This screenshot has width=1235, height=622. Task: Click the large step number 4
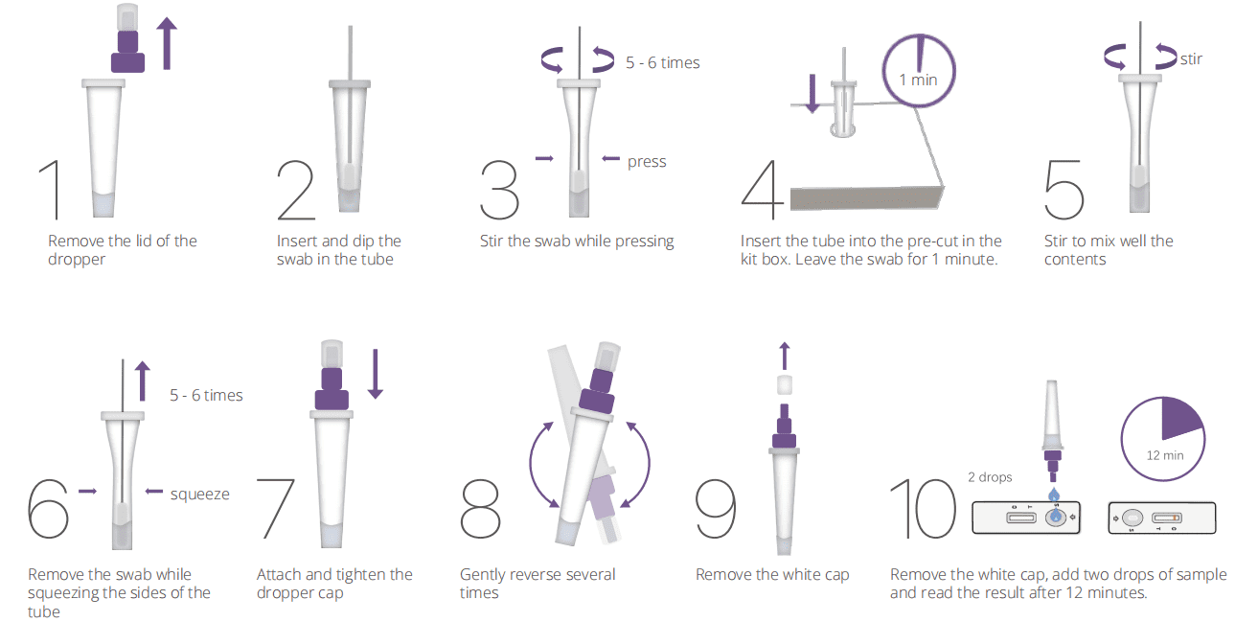pyautogui.click(x=763, y=190)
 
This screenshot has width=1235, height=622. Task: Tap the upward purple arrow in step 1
pyautogui.click(x=167, y=43)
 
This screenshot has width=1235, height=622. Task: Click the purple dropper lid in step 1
pyautogui.click(x=128, y=52)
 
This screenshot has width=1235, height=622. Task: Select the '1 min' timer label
pyautogui.click(x=919, y=80)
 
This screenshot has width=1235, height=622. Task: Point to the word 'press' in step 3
pyautogui.click(x=647, y=162)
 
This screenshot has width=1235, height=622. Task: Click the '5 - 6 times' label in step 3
pyautogui.click(x=663, y=63)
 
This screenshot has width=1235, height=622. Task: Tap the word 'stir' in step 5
pyautogui.click(x=1191, y=59)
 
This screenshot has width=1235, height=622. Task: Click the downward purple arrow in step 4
pyautogui.click(x=812, y=94)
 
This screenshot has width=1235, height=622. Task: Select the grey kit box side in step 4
pyautogui.click(x=867, y=198)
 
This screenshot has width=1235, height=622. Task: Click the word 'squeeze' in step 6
pyautogui.click(x=199, y=495)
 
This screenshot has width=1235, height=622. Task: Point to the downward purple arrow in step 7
pyautogui.click(x=376, y=374)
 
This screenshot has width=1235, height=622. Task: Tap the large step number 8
pyautogui.click(x=480, y=508)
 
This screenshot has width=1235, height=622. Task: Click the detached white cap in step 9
pyautogui.click(x=785, y=384)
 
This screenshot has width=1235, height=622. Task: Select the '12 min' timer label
pyautogui.click(x=1165, y=455)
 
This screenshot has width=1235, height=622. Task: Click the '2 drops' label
pyautogui.click(x=990, y=477)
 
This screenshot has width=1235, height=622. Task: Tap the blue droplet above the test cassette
pyautogui.click(x=1054, y=495)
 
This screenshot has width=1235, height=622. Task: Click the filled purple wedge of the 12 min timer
pyautogui.click(x=1179, y=418)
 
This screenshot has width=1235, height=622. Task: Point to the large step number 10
pyautogui.click(x=924, y=508)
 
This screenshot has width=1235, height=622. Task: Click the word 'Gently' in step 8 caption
pyautogui.click(x=484, y=575)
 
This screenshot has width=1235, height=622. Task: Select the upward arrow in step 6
pyautogui.click(x=142, y=380)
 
